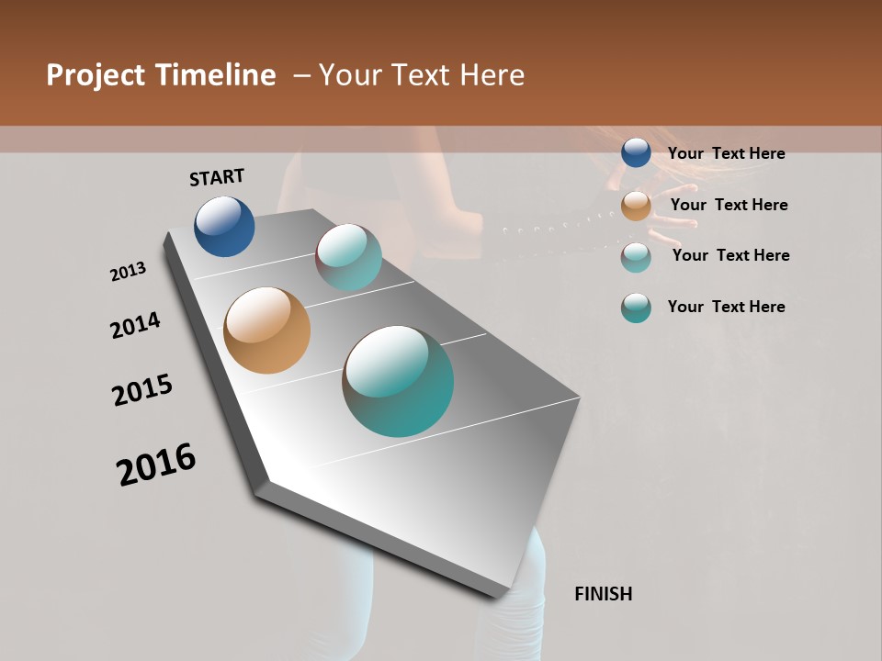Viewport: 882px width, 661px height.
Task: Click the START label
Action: point(217,177)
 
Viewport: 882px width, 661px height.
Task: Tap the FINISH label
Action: point(604,594)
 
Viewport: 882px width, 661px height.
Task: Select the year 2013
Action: point(129,272)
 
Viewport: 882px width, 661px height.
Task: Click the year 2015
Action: point(142,390)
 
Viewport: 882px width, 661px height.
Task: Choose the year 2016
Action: point(156,464)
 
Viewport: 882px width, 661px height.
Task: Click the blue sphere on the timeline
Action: point(224,227)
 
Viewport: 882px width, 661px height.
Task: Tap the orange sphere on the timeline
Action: point(266,330)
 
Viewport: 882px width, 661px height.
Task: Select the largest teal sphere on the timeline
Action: point(398,381)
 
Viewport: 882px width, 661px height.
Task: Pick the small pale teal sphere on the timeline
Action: point(348,257)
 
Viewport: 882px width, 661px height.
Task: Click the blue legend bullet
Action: point(636,153)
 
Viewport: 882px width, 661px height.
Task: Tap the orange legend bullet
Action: point(636,206)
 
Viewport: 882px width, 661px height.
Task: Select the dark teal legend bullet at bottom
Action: point(636,308)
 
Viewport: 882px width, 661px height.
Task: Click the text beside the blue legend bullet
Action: point(726,153)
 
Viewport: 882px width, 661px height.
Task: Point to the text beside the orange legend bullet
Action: point(729,205)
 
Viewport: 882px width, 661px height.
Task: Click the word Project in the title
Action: point(97,75)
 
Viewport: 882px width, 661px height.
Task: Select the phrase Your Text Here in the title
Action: point(422,75)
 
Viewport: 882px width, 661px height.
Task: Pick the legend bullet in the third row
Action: point(636,257)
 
